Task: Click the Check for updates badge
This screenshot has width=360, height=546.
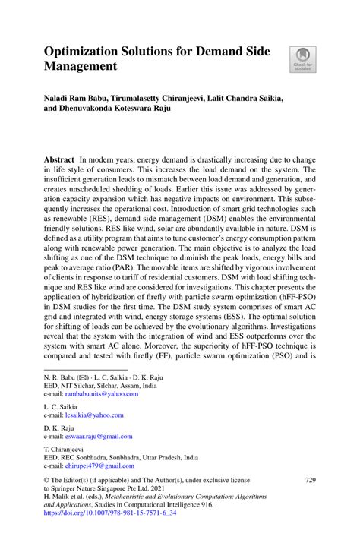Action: pyautogui.click(x=302, y=59)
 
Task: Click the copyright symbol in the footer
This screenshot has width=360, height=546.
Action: pyautogui.click(x=47, y=481)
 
